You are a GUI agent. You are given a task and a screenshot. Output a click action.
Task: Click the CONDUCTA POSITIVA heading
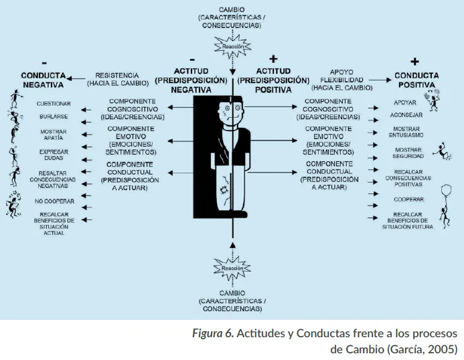417,80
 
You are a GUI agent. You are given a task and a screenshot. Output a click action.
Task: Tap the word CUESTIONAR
54,104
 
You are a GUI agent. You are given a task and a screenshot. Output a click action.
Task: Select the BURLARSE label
54,118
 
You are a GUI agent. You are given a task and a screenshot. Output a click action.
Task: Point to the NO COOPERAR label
54,200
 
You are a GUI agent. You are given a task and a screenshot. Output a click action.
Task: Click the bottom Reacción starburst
232,268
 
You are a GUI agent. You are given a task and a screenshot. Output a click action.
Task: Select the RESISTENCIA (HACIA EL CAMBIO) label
117,79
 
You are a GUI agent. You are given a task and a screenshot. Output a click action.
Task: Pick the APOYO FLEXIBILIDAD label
345,79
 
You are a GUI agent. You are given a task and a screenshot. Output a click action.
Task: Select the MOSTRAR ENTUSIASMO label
407,132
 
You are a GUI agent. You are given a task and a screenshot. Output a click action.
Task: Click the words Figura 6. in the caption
212,333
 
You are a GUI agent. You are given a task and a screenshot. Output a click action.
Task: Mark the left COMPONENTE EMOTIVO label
130,140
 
